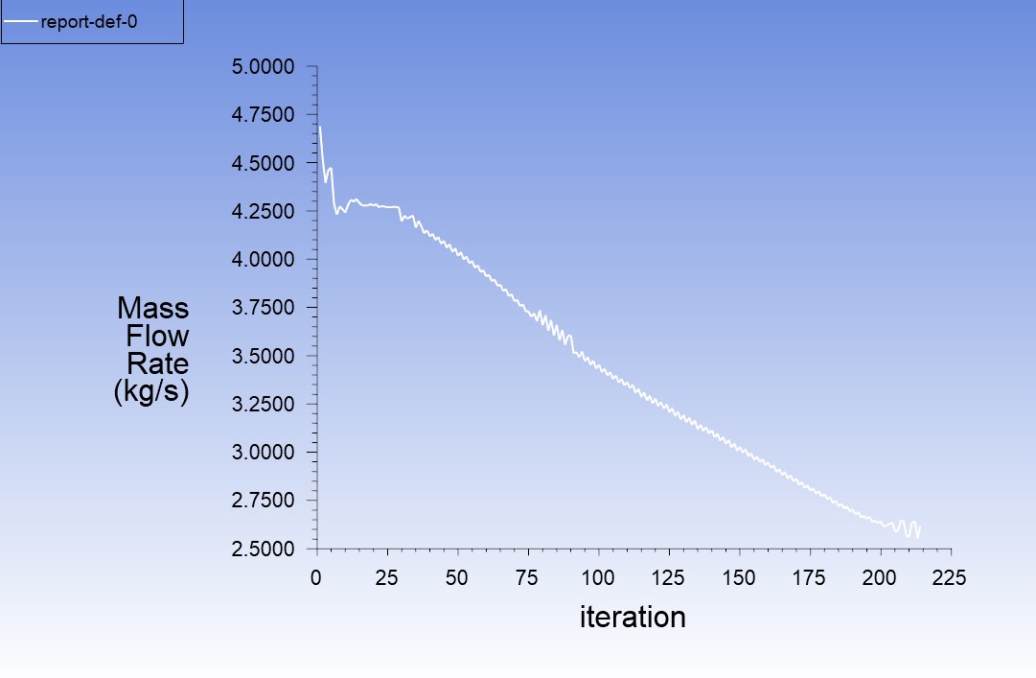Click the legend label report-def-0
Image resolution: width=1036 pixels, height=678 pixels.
coord(90,22)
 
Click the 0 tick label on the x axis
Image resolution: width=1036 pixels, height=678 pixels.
coord(316,577)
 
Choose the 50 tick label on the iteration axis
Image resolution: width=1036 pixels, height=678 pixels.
coord(457,577)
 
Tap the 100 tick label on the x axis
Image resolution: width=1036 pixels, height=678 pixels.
coord(598,577)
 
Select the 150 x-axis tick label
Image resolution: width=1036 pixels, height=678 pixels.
coord(739,577)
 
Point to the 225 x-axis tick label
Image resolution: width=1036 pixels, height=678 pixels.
coord(951,577)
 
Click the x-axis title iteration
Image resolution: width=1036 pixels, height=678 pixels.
coord(633,617)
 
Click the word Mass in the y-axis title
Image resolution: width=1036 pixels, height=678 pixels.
coord(153,308)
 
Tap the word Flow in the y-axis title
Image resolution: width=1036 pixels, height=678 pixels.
coord(157,336)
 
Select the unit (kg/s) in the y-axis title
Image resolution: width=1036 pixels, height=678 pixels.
coord(151,392)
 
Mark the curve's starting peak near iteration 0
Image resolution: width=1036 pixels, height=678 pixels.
coord(319,127)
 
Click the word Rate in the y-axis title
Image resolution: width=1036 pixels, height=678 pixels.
coord(157,363)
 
